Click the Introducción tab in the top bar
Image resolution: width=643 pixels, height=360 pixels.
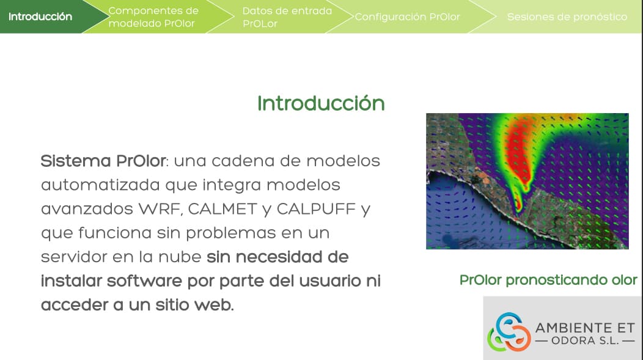coord(40,17)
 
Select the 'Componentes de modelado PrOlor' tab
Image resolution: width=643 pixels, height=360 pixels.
coord(153,17)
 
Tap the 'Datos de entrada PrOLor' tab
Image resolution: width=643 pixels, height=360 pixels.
coord(287,17)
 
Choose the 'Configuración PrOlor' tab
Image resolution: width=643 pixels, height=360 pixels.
coord(407,17)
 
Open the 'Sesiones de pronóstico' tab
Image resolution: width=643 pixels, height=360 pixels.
coord(567,17)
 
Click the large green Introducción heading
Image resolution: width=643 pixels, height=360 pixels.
coord(321,103)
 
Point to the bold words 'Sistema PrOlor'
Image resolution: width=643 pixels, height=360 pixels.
coord(103,161)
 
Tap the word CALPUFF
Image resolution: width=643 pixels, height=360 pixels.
coord(316,209)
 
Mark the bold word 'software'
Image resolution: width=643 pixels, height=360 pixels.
coord(144,281)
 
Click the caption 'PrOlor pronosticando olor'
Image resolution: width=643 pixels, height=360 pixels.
coord(548,280)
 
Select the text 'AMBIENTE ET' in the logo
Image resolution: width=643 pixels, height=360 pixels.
coord(585,328)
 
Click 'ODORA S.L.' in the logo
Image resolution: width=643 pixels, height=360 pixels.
coord(585,340)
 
